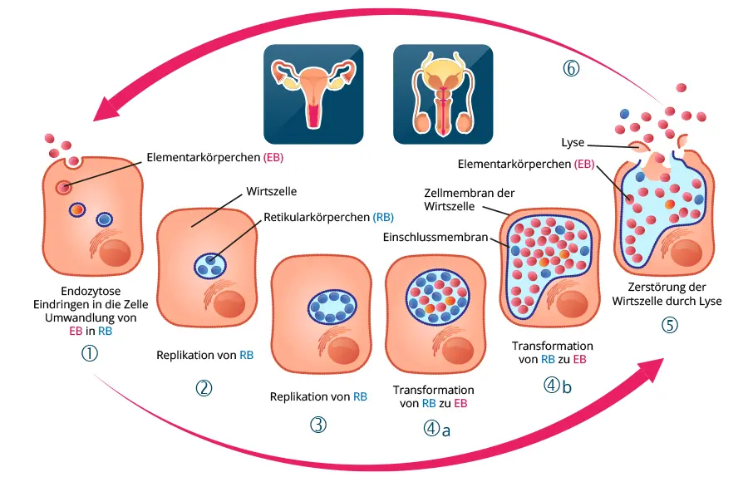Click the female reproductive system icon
tap(312, 94)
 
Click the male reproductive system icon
tap(442, 94)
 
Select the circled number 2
tap(204, 388)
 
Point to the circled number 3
tap(317, 425)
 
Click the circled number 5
tap(669, 325)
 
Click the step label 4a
tap(436, 429)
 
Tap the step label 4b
tap(559, 386)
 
